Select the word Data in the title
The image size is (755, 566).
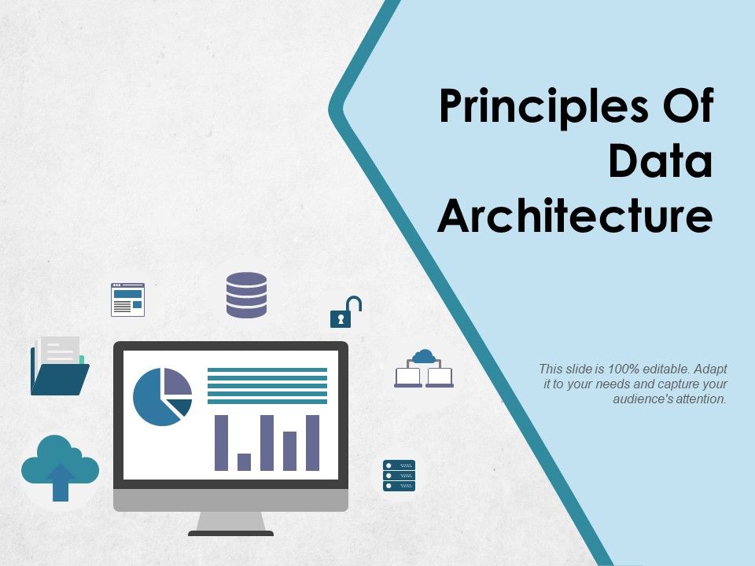[x=660, y=161]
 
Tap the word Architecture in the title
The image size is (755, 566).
[x=575, y=215]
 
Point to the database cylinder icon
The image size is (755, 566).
[x=246, y=295]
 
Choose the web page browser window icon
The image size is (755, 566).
[x=127, y=300]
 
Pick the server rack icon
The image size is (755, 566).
[x=399, y=476]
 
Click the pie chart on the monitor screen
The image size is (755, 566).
[x=162, y=396]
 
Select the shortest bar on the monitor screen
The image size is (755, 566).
[x=244, y=461]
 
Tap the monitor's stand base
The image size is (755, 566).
[x=230, y=533]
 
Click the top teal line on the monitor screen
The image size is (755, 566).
[x=267, y=369]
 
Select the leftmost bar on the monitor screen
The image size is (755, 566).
[x=221, y=443]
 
